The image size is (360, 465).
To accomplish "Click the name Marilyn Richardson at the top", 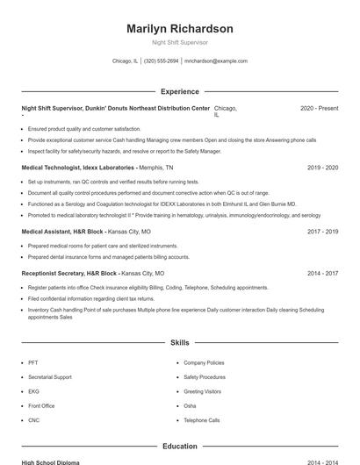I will pos(180,29).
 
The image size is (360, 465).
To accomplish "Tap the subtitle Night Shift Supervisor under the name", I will pos(180,42).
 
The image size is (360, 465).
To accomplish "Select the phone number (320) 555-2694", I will pos(161,61).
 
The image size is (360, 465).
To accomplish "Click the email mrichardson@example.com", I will pos(216,61).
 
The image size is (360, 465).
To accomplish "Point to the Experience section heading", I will pos(180,91).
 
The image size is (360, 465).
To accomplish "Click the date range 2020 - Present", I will pos(319,108).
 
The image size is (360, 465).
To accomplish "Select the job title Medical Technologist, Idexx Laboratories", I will pos(77,167).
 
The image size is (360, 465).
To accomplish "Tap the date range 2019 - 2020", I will pos(323,167).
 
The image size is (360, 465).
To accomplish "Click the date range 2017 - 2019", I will pos(323,232).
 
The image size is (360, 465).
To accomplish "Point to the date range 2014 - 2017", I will pos(323,273).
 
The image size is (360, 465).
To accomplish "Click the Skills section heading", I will pos(180,342).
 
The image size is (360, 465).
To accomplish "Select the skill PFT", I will pos(33,362).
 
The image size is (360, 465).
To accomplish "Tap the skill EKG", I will pos(33,391).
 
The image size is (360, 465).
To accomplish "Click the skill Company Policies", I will pos(204,362).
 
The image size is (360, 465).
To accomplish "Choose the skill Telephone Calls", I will pos(202,420).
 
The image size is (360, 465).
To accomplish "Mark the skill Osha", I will pos(190,406).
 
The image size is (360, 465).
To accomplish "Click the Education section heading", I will pos(180,447).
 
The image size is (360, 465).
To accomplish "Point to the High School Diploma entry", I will pos(51,461).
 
